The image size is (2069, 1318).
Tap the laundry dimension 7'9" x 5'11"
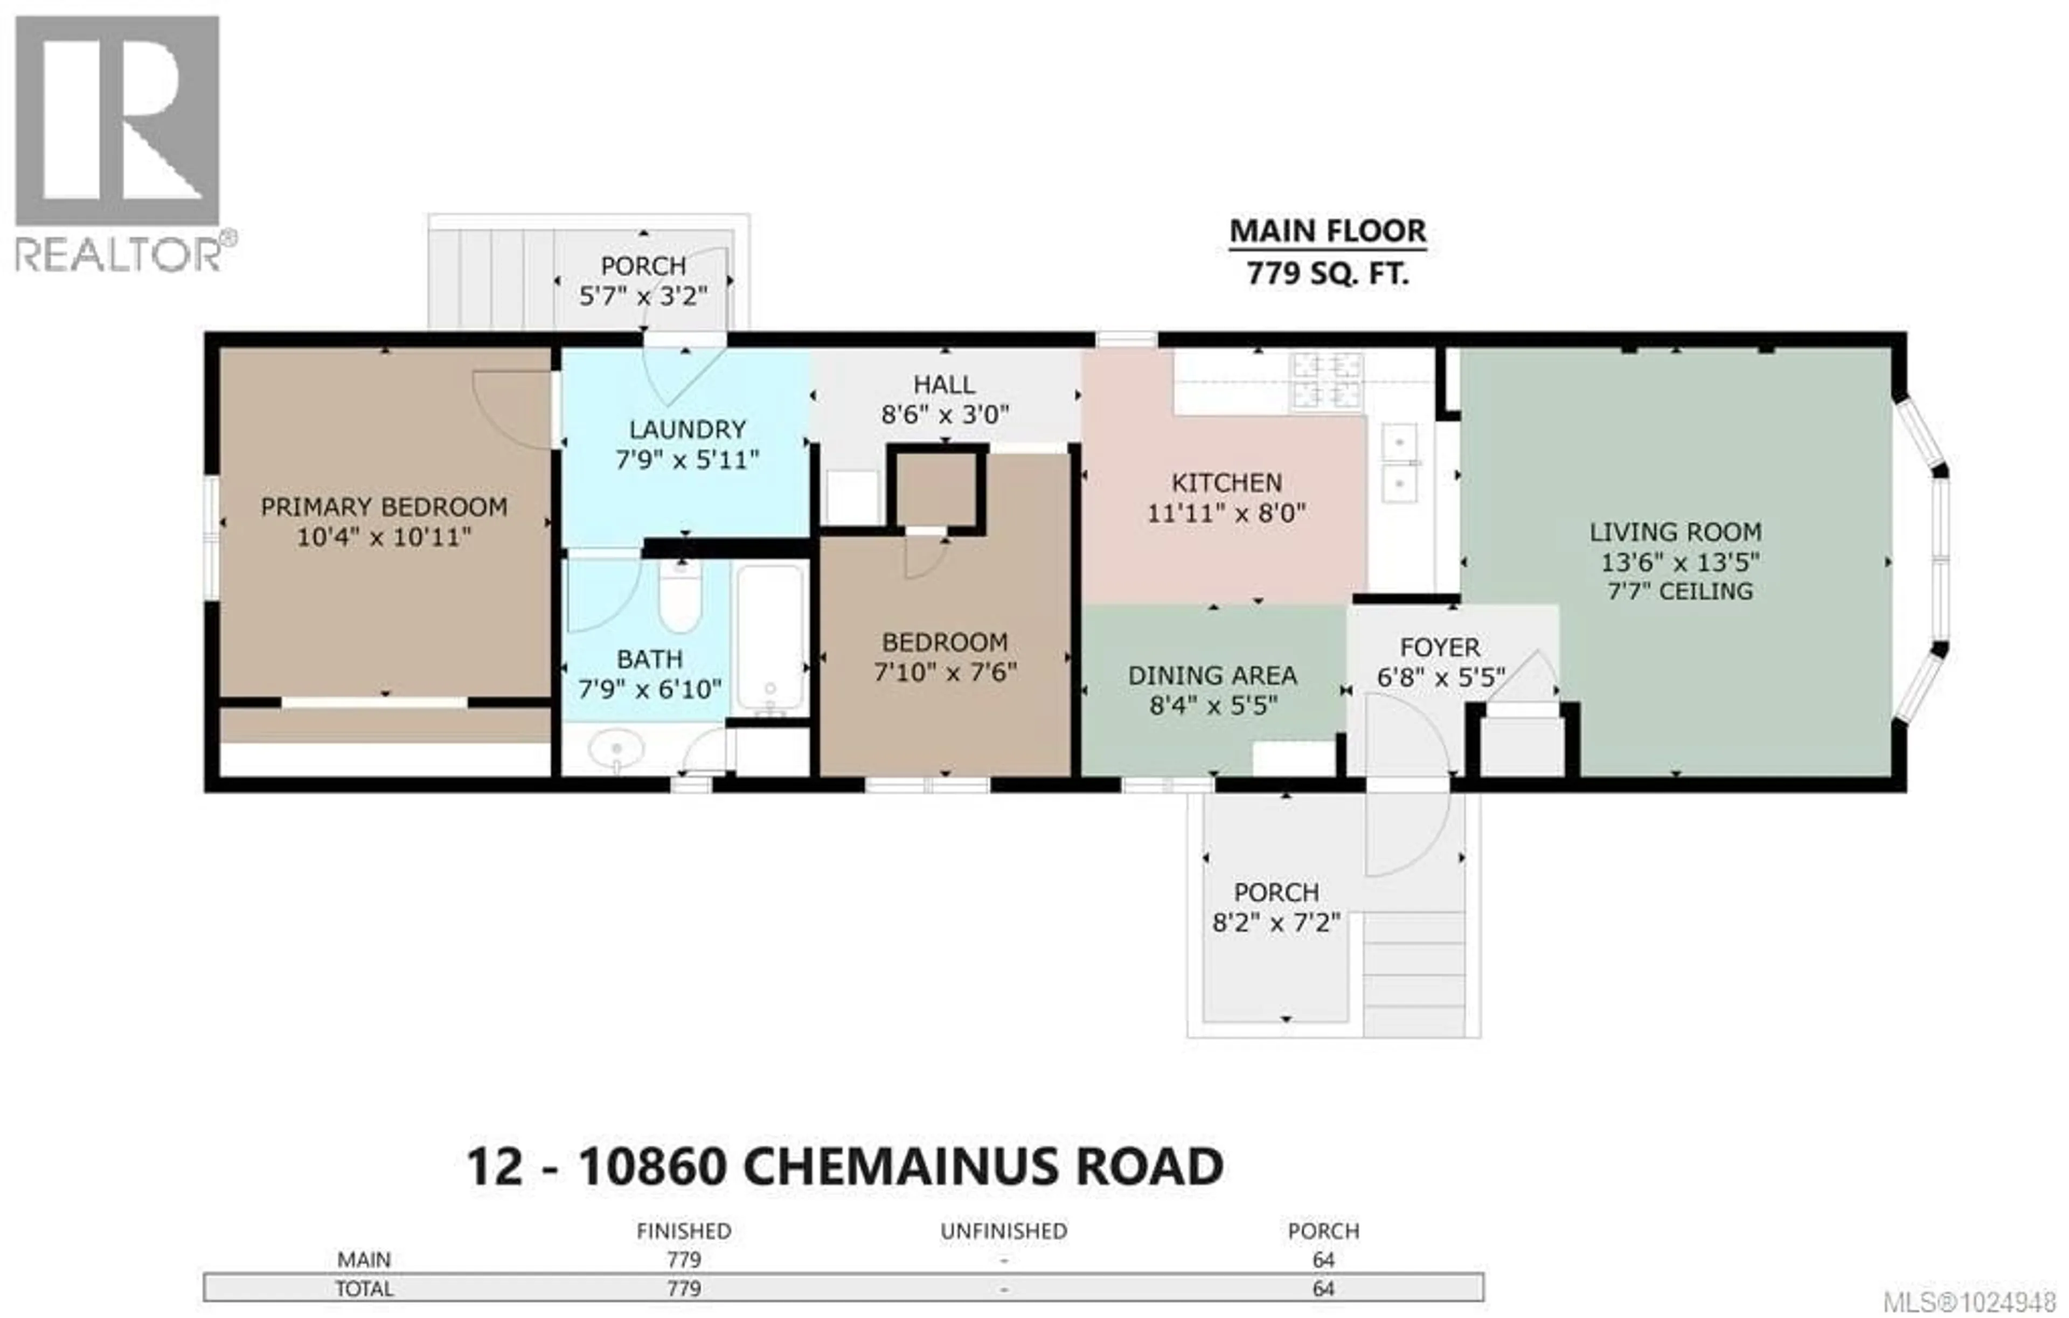[x=686, y=461]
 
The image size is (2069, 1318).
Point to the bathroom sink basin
[x=616, y=749]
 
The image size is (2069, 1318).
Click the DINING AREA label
[x=1212, y=675]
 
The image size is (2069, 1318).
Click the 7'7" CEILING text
[x=1680, y=591]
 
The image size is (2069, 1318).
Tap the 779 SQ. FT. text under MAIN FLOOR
[x=1328, y=274]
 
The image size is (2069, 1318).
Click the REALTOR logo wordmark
[x=117, y=255]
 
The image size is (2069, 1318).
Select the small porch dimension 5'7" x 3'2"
[x=643, y=296]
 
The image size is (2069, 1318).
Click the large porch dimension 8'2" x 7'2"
[x=1276, y=923]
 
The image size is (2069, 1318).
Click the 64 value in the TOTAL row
[x=1323, y=1289]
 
